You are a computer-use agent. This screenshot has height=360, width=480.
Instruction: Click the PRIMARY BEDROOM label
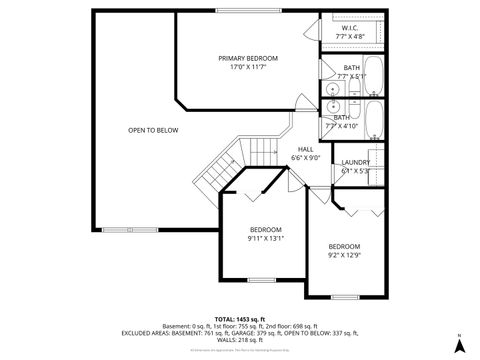pos(248,59)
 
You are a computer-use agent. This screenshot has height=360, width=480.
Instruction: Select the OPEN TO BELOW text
pos(153,131)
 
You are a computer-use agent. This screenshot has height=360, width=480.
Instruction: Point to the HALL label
pos(305,149)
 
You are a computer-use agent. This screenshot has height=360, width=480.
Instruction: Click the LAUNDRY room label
pos(355,162)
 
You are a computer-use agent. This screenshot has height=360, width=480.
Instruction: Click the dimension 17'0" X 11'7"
pos(248,68)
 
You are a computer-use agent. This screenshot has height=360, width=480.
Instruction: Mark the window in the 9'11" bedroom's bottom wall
pos(261,279)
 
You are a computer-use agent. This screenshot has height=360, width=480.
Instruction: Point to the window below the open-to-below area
pos(122,229)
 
